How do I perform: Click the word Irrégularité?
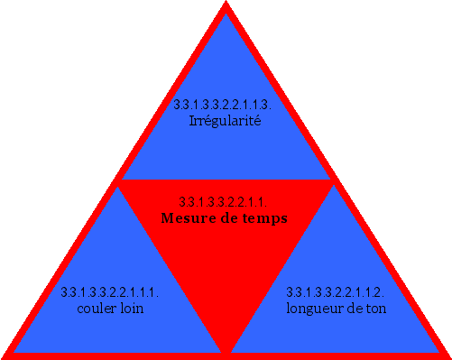pyautogui.click(x=225, y=120)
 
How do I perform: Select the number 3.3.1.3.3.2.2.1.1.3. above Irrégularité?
pyautogui.click(x=225, y=106)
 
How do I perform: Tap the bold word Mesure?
pyautogui.click(x=190, y=217)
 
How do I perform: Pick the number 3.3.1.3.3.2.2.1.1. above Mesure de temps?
pyautogui.click(x=225, y=202)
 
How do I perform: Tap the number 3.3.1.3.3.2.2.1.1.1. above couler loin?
pyautogui.click(x=110, y=293)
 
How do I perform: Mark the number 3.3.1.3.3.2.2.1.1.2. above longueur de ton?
pyautogui.click(x=336, y=293)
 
